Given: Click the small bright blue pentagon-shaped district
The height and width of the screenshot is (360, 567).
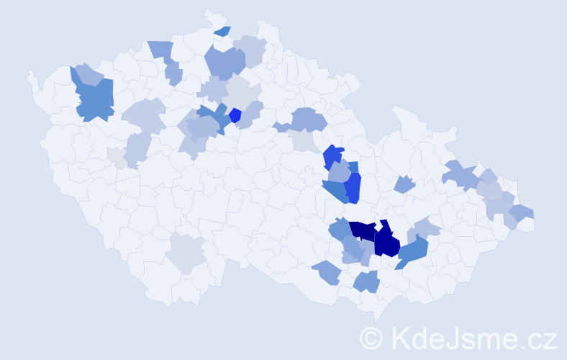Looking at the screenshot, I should (235, 115).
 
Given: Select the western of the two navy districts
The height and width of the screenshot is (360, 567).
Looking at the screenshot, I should (363, 230).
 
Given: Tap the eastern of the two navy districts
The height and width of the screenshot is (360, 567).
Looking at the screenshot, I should (386, 241).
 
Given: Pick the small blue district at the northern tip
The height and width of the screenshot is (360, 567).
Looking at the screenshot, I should (222, 31).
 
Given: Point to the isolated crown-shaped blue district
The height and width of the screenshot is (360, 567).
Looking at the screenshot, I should (405, 184).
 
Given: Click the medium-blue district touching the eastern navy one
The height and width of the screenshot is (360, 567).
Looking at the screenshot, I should (412, 251).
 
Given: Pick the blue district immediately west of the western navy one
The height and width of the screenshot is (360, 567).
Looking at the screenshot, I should (340, 230).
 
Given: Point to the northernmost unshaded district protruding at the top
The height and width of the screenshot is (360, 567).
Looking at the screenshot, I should (213, 17).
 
